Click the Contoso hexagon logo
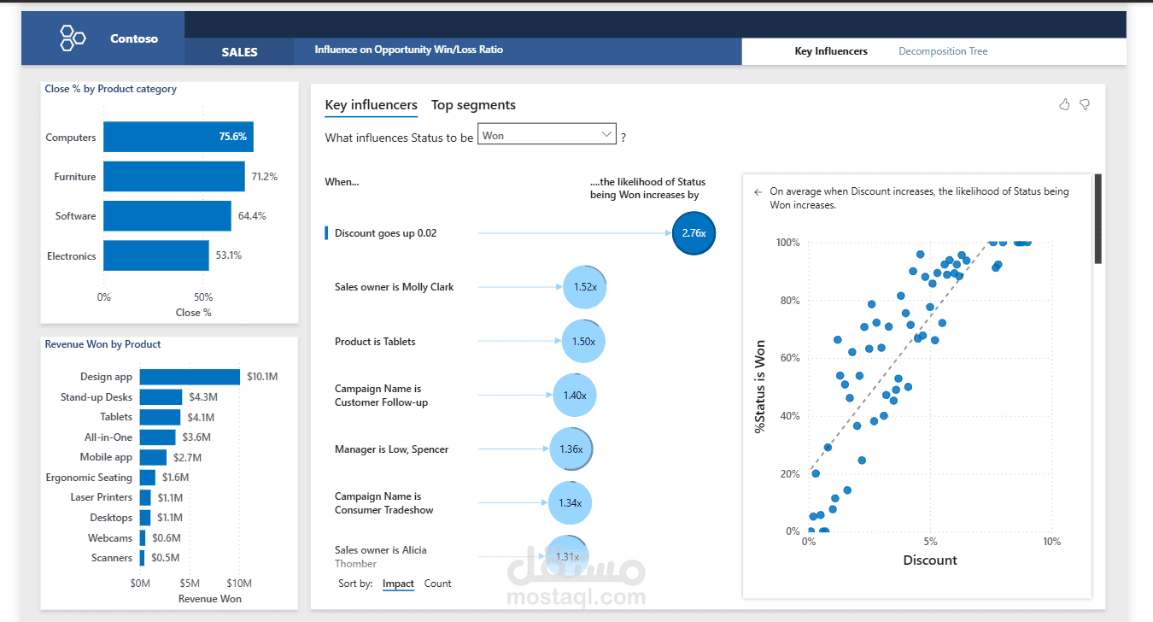coord(73,38)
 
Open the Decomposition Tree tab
coord(943,51)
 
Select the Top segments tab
coord(473,105)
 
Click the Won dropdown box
coord(547,135)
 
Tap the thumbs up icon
coord(1064,104)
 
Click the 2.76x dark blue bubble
coord(693,233)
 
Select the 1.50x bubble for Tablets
coord(583,341)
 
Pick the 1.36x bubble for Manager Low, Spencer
coord(571,449)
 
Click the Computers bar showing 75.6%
coord(178,137)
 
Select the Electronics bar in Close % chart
coord(156,255)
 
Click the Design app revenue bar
coord(190,377)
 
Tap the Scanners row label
coord(112,558)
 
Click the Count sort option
coord(437,584)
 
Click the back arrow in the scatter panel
coord(758,192)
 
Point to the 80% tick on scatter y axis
coord(787,301)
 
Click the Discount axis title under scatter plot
coord(929,560)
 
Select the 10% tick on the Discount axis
coord(1051,542)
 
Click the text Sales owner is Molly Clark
coord(394,287)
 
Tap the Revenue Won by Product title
coord(102,344)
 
